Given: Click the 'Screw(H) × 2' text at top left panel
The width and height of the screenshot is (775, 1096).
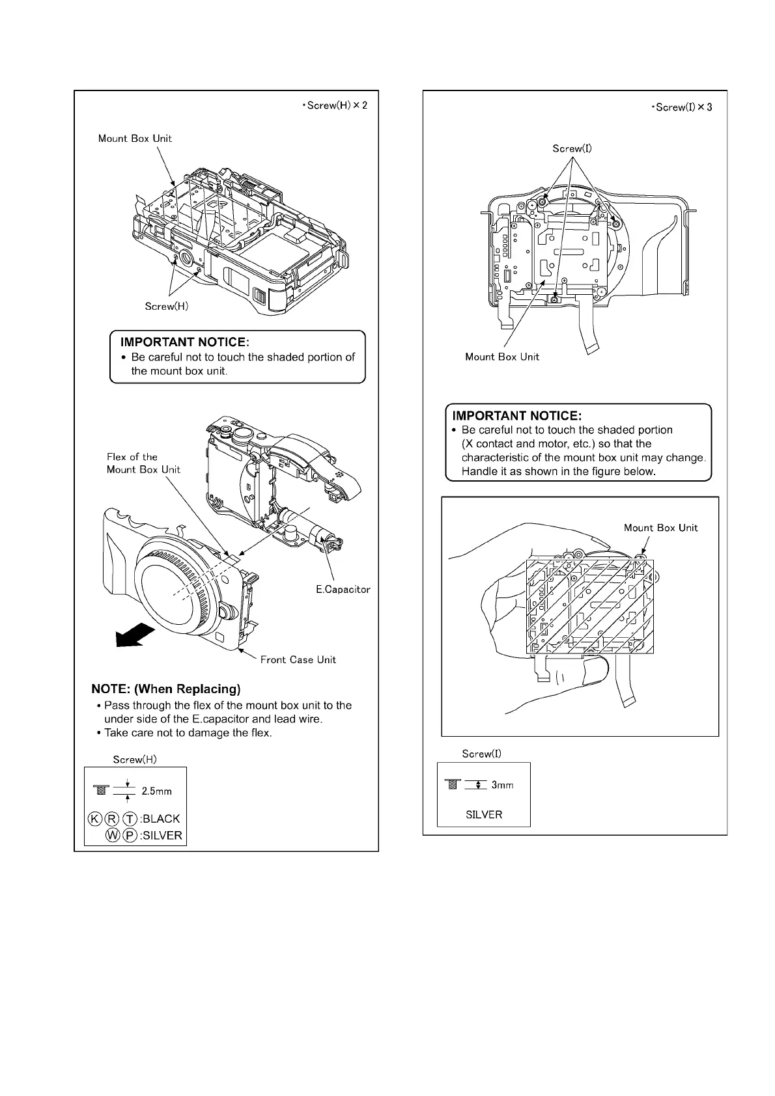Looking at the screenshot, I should [335, 105].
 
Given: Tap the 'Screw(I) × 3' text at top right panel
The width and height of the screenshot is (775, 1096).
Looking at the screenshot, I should [681, 107].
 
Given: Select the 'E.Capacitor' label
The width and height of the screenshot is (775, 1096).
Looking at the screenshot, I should [343, 590].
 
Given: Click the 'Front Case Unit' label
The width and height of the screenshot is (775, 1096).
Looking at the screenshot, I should [298, 660].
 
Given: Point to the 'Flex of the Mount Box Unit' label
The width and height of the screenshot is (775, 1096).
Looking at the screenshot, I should [143, 463].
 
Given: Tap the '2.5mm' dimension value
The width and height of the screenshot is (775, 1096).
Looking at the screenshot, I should [156, 791].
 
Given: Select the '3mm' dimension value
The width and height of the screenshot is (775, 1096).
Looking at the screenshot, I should [502, 785].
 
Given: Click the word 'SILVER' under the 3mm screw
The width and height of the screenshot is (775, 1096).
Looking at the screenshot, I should [484, 814].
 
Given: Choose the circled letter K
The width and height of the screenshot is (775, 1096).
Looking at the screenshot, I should [94, 819].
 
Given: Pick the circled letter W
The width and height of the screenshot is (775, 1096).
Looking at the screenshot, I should [112, 836].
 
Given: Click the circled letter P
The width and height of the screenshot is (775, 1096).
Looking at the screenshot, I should [130, 836].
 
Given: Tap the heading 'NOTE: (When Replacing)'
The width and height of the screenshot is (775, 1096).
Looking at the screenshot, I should [165, 689].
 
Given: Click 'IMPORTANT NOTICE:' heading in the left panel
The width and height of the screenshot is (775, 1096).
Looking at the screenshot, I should [185, 342].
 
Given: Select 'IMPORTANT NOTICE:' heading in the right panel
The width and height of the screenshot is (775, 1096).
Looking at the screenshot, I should [516, 415].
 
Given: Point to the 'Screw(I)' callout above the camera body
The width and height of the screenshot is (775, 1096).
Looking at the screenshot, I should [572, 148].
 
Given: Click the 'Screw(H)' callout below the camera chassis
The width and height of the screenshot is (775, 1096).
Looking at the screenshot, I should [166, 306].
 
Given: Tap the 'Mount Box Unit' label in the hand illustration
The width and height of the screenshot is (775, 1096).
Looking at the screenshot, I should [660, 528].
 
